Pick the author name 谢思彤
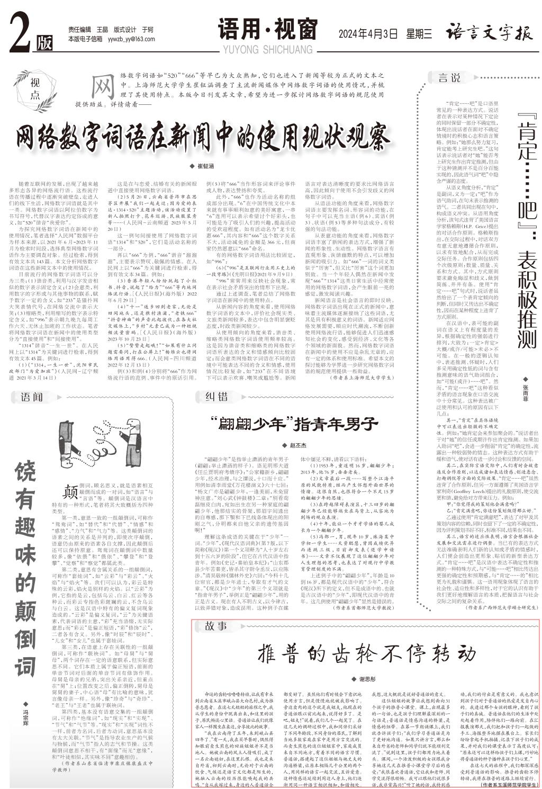[x=366, y=679]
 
